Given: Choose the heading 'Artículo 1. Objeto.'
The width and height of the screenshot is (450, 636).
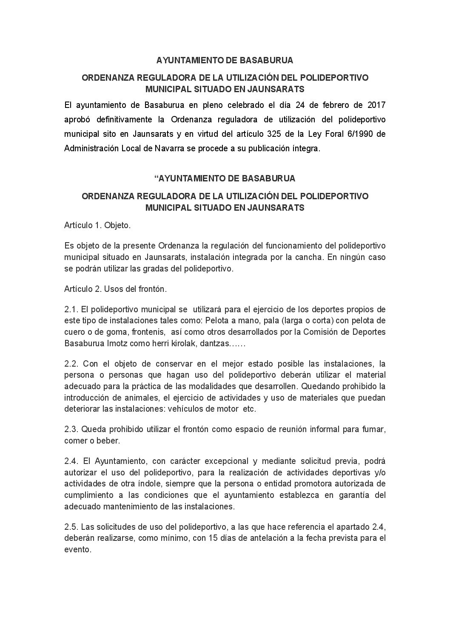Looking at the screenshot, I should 97,225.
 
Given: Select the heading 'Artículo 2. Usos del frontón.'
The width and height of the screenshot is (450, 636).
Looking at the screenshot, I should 115,289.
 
